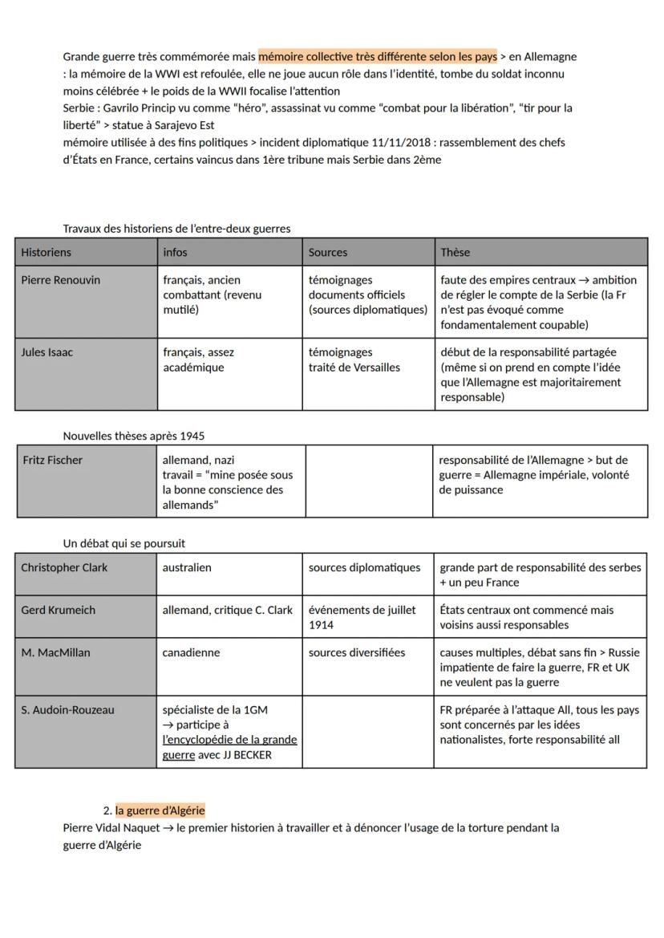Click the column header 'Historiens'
(46, 252)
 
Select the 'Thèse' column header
(455, 252)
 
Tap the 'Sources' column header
(328, 252)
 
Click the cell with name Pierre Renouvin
(61, 280)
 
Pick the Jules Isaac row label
(47, 352)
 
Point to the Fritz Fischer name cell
(53, 461)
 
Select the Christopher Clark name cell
(64, 567)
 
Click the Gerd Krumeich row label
(58, 610)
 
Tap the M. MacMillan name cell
(55, 652)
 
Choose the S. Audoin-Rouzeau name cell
(67, 710)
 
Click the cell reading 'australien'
(187, 567)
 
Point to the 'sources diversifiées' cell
(357, 652)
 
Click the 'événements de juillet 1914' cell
(362, 617)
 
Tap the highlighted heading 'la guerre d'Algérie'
(160, 810)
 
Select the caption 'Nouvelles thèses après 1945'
(133, 436)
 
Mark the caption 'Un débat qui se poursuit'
(123, 543)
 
